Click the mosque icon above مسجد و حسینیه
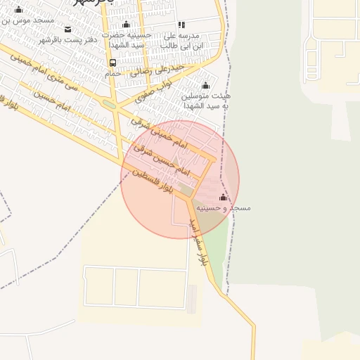224,197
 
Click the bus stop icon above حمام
113,63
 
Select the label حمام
112,73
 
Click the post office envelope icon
67,29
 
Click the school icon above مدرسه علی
181,25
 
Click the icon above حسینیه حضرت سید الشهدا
126,25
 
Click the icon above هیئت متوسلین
205,85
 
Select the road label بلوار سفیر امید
198,241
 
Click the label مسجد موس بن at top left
28,20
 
